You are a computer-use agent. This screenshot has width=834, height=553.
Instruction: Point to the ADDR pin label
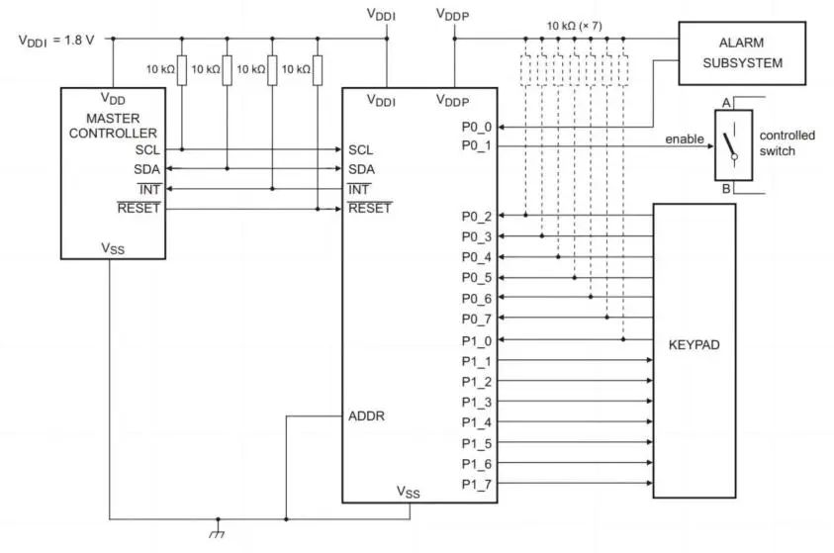[x=366, y=416]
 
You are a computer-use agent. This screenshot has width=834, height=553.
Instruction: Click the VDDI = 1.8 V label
[x=58, y=41]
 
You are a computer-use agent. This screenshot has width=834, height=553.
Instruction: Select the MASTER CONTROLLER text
[x=113, y=125]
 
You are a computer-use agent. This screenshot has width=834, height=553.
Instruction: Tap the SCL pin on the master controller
[x=146, y=149]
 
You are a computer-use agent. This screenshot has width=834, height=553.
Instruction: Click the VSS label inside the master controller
[x=113, y=247]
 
